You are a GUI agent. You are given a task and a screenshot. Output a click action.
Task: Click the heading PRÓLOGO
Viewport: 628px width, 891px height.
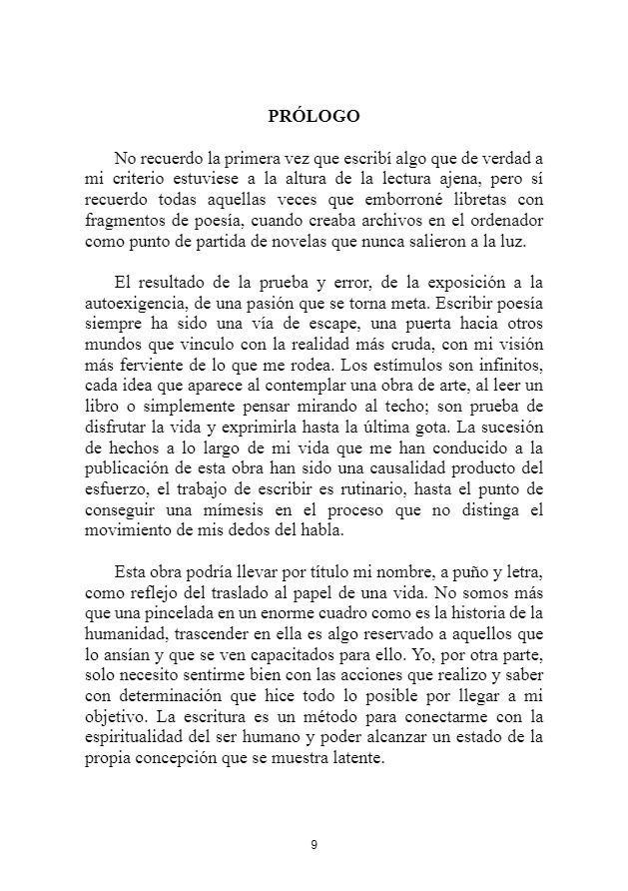pyautogui.click(x=314, y=116)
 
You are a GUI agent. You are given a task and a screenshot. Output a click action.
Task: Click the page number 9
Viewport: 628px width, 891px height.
pyautogui.click(x=314, y=845)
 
